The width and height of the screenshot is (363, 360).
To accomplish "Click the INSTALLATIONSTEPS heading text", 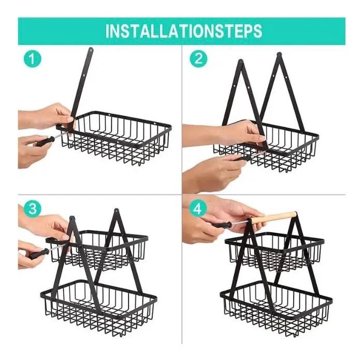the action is (184, 31).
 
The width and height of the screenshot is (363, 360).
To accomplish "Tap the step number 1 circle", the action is (33, 59).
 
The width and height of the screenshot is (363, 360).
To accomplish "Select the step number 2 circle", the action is (198, 59).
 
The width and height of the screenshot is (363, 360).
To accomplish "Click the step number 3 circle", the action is (33, 208).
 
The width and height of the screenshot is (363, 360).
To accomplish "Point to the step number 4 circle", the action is (197, 209).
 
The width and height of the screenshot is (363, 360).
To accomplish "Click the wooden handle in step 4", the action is (274, 217).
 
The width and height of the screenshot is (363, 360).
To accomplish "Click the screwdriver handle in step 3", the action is (39, 254).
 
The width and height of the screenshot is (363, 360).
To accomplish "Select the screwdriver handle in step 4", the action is (221, 224).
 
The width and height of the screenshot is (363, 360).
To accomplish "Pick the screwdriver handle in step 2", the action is (242, 158).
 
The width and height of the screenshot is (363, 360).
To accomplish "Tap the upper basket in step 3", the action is (97, 250).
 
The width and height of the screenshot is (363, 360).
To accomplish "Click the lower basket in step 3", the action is (98, 308).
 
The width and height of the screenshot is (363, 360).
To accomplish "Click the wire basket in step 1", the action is (114, 139).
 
